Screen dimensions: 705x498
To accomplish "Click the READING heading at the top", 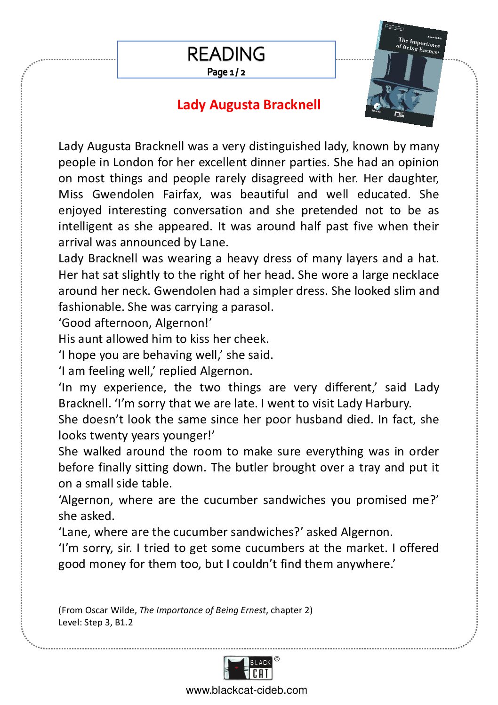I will click(x=226, y=54).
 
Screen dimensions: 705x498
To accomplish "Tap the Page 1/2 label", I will click(x=226, y=72).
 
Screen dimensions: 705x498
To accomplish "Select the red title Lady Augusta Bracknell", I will click(x=249, y=105).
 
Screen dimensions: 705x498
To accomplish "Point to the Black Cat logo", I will click(x=248, y=668).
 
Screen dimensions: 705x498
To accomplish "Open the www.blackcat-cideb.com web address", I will click(x=246, y=690).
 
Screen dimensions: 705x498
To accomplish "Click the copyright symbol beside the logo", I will click(x=277, y=659).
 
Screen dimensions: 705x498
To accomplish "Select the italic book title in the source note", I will click(x=202, y=610).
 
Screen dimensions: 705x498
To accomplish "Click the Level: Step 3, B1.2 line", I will click(x=96, y=623).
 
